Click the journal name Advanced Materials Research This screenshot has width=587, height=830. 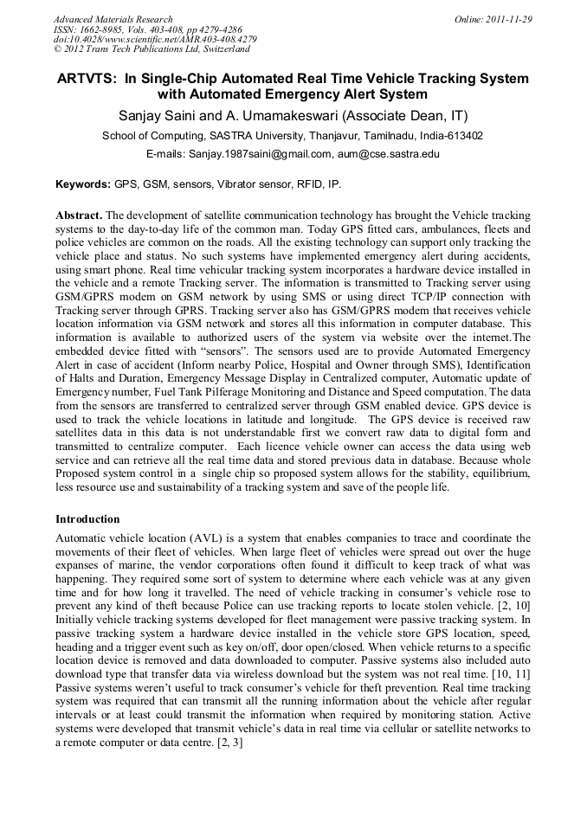coord(113,19)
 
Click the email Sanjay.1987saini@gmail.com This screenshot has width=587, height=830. coord(250,154)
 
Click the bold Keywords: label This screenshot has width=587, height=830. coord(83,184)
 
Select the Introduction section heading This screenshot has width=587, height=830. coord(87,519)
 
